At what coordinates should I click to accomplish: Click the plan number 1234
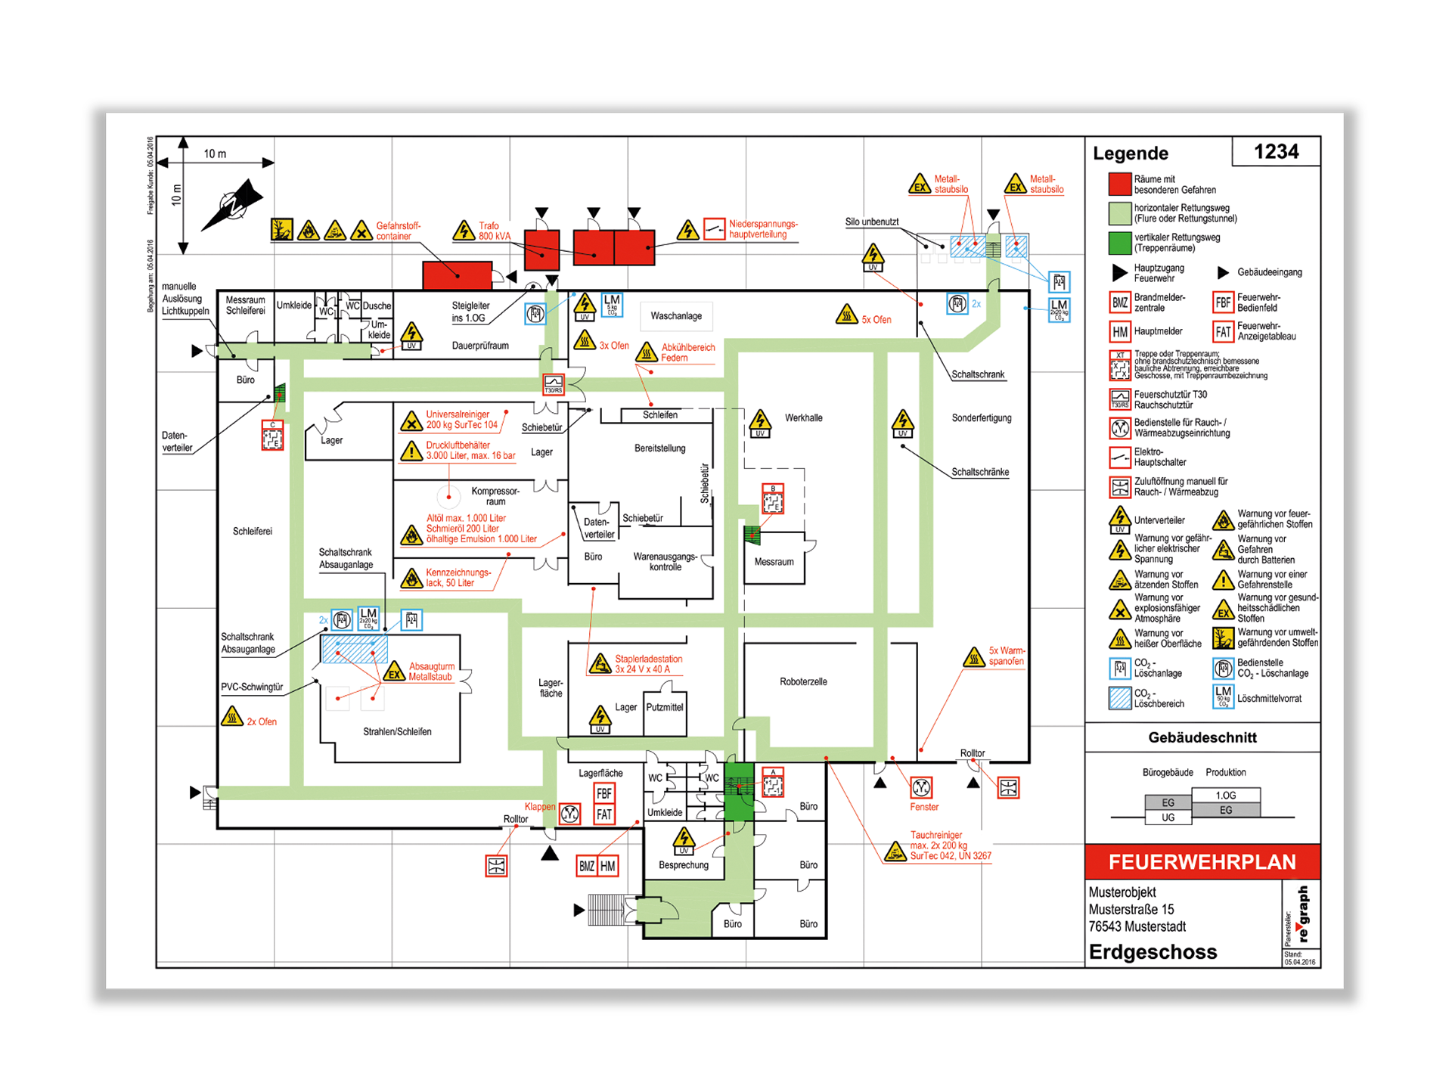click(x=1276, y=152)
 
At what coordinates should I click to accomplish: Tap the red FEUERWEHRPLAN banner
click(x=1202, y=862)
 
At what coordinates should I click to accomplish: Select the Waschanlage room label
click(x=676, y=316)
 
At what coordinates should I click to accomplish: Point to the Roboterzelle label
click(x=803, y=681)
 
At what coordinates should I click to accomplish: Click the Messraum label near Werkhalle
click(x=774, y=562)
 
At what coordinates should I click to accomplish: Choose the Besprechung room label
click(x=684, y=865)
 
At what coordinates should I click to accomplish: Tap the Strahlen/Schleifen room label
click(x=397, y=731)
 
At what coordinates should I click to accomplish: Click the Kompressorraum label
click(x=495, y=496)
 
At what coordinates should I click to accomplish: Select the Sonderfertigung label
click(x=981, y=417)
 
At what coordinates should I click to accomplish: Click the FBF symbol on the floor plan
click(x=604, y=793)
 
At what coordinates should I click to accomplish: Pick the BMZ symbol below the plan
click(x=587, y=866)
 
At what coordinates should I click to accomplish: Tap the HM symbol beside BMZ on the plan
click(x=608, y=866)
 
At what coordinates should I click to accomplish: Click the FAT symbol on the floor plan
click(x=604, y=814)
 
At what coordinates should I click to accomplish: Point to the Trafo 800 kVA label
click(x=494, y=231)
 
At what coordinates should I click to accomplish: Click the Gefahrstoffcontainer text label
click(x=398, y=231)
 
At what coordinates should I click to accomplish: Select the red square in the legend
click(x=1119, y=185)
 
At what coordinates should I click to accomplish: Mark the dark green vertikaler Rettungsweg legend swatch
click(x=1119, y=243)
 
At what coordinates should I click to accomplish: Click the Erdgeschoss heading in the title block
click(x=1153, y=952)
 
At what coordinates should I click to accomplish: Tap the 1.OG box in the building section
click(x=1225, y=796)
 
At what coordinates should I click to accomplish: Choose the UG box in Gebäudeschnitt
click(x=1168, y=818)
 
